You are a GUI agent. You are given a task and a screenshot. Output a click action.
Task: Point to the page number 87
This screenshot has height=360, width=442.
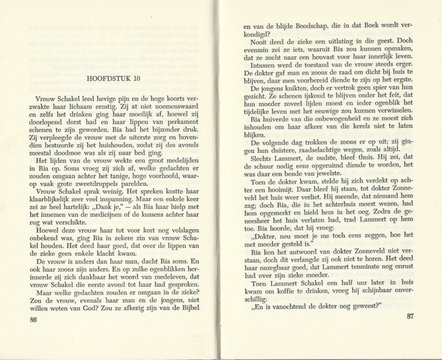point(409,316)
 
